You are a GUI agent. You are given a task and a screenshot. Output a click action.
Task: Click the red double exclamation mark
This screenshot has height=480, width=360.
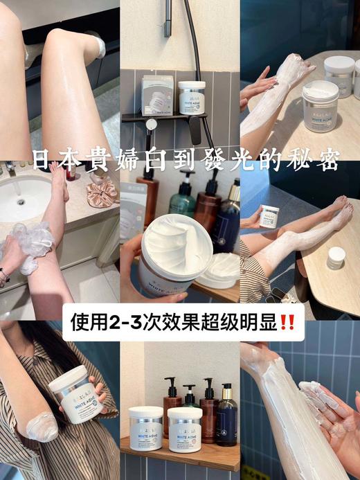285,323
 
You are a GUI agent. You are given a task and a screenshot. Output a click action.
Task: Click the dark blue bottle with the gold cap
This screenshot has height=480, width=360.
226,416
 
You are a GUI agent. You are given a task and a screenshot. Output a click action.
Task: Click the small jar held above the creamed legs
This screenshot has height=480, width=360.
269,215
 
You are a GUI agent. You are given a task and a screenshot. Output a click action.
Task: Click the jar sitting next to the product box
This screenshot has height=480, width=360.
192,98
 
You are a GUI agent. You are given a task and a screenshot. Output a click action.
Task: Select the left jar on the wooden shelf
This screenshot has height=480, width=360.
146,428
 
